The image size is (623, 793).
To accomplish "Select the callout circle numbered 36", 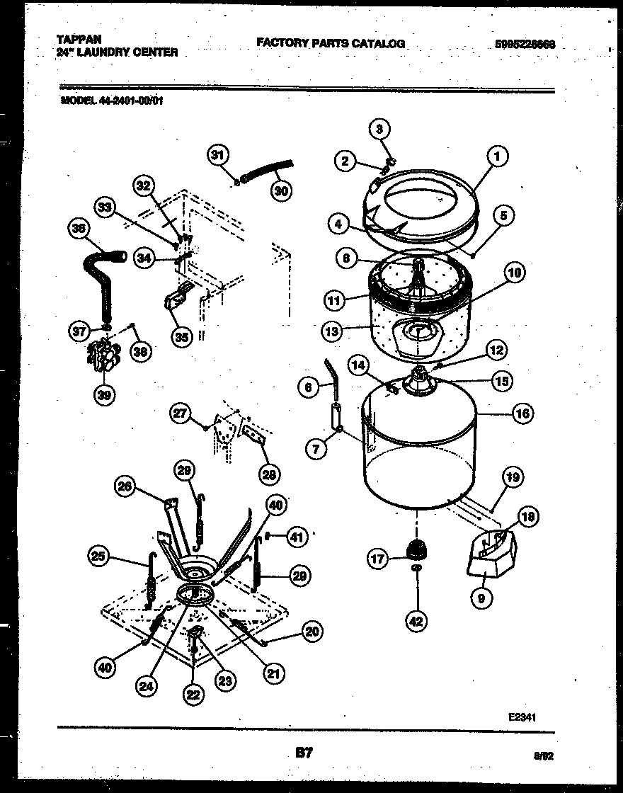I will point(79,229).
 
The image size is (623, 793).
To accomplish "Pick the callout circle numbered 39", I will point(105,394).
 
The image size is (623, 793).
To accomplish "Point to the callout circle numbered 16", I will point(522,414).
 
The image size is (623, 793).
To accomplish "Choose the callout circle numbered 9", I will point(481,599).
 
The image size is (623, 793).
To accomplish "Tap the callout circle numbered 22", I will point(192,695).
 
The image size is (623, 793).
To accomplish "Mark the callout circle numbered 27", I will point(181,413).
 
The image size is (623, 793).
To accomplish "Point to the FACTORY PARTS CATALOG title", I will point(331,43).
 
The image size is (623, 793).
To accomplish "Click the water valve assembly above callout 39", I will point(104,355).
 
